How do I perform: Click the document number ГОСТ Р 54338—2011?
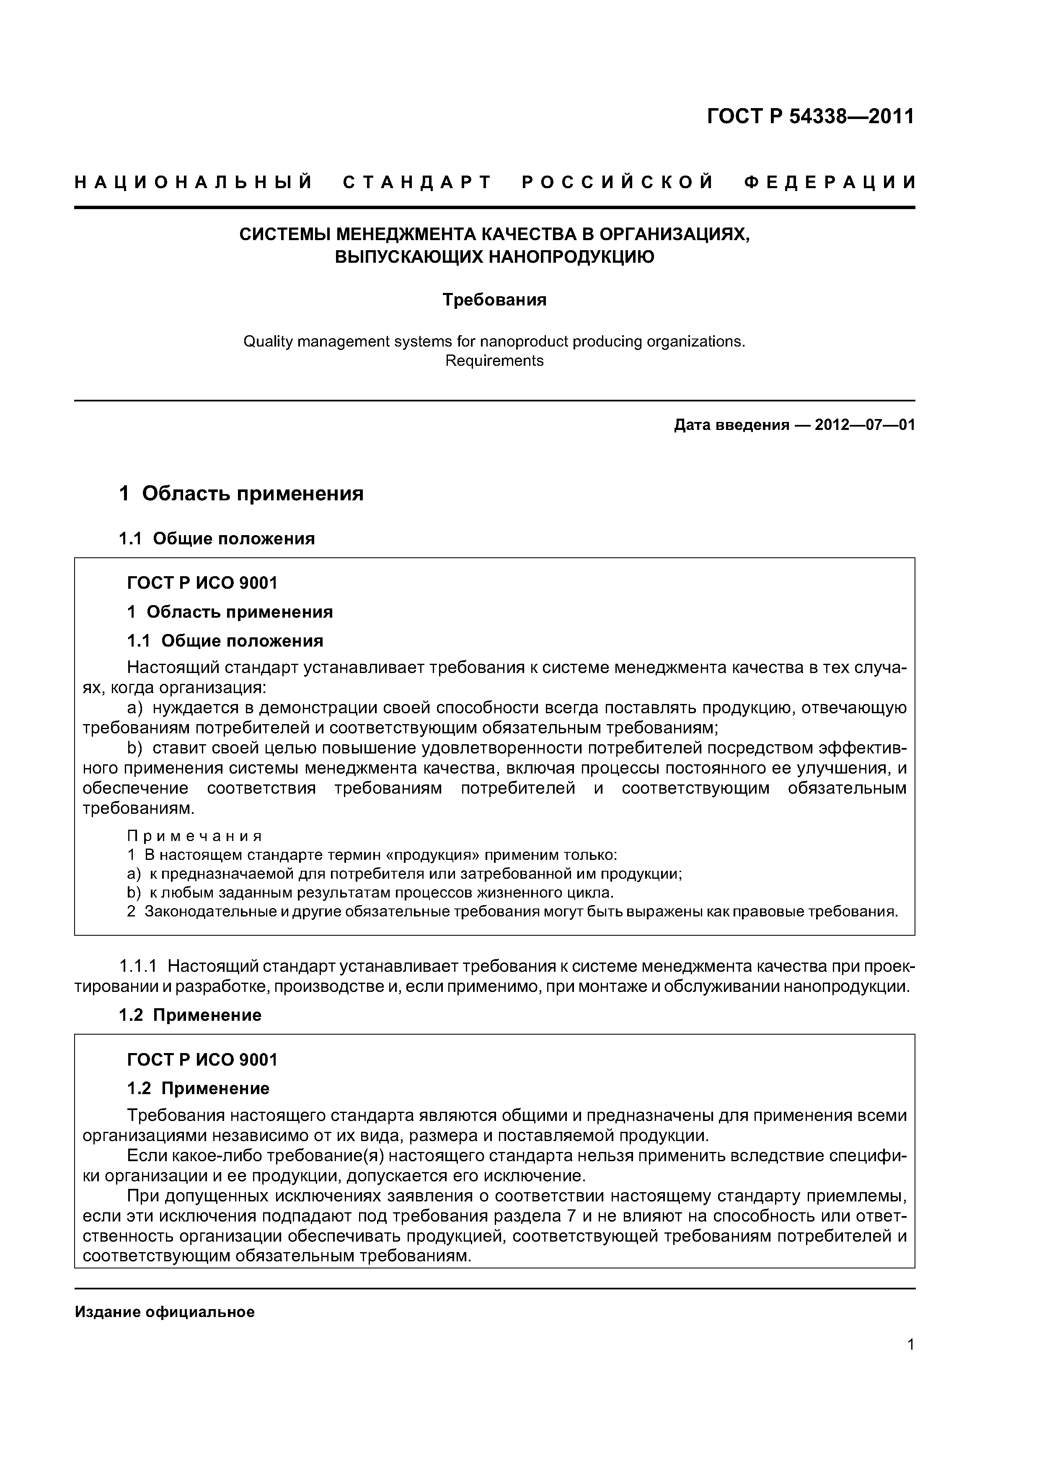(x=810, y=116)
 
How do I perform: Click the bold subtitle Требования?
(x=494, y=300)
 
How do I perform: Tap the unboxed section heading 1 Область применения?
(x=241, y=494)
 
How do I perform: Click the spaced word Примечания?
(x=195, y=836)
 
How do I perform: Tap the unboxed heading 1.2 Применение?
(x=190, y=1015)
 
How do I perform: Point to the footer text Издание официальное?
(x=165, y=1312)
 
